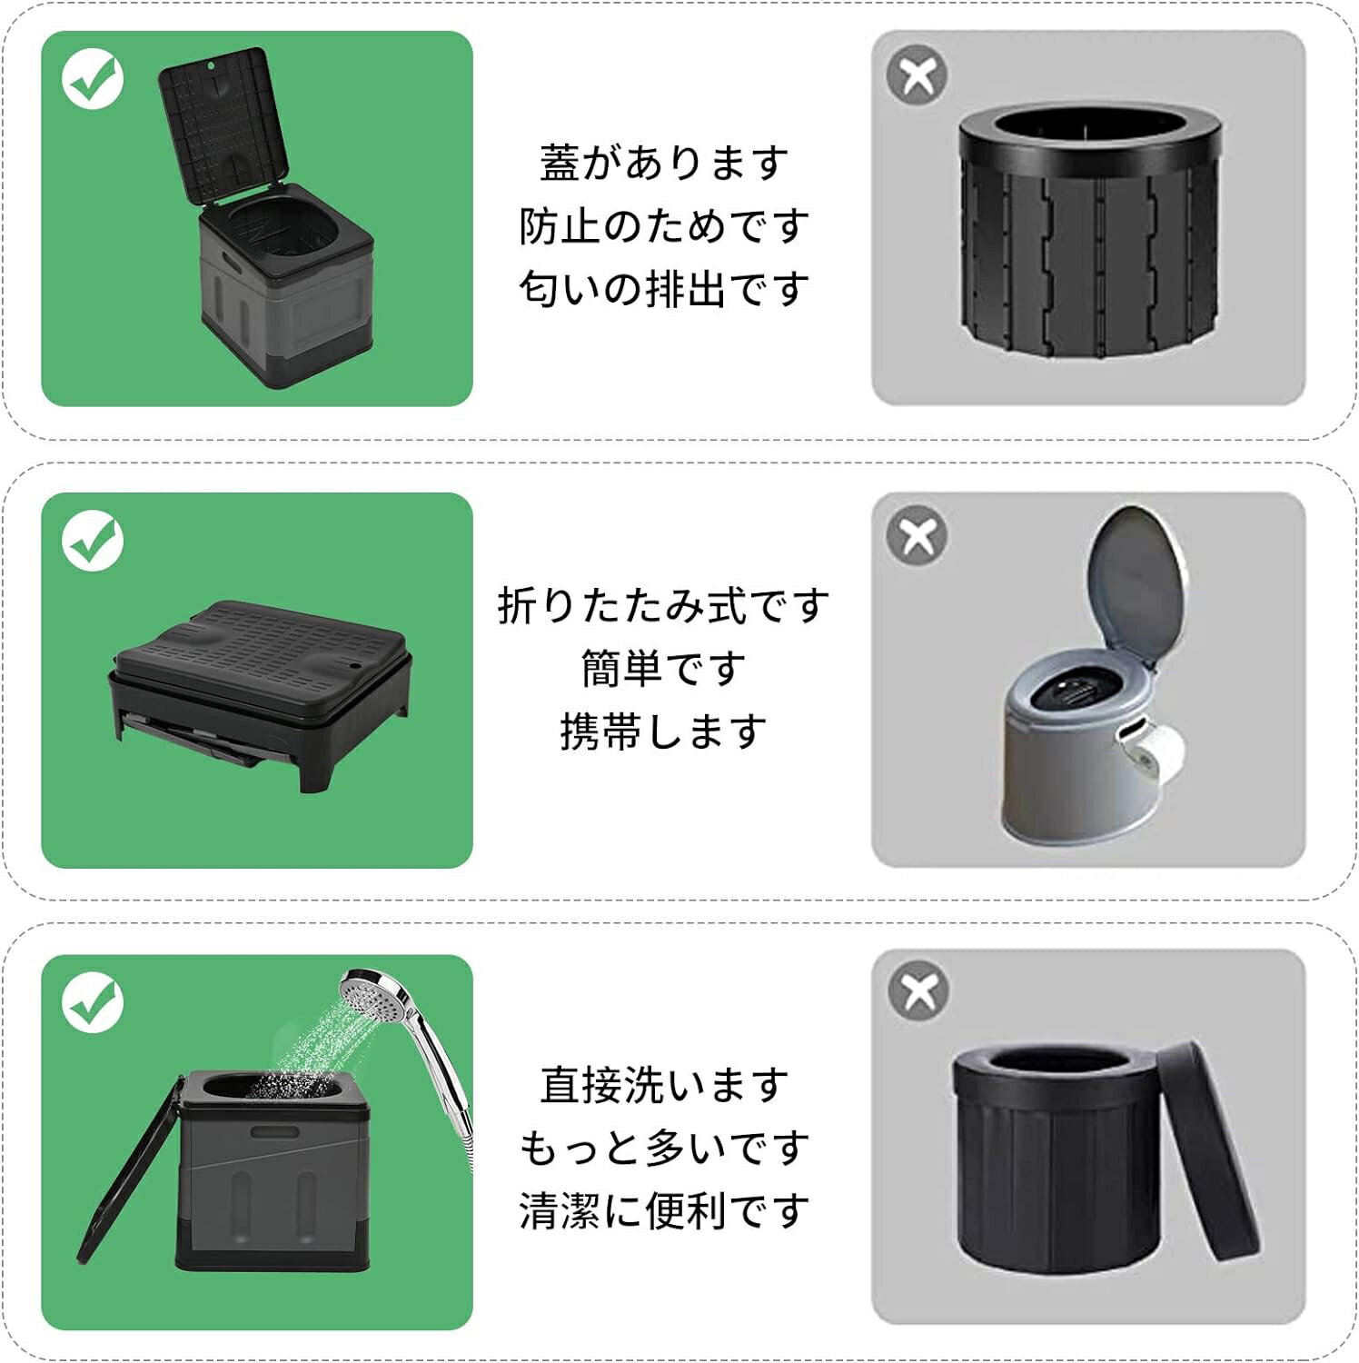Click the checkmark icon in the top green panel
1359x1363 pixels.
93,79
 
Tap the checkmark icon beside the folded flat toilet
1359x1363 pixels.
93,541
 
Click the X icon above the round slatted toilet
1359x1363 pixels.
918,75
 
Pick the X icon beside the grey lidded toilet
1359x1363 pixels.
918,536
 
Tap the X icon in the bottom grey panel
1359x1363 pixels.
919,991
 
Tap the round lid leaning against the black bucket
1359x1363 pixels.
1208,1150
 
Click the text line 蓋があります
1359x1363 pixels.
664,164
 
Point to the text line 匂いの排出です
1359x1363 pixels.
664,289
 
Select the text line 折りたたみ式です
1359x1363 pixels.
664,605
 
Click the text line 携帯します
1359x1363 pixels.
664,731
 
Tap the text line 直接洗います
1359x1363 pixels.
664,1085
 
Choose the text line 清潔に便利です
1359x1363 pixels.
664,1210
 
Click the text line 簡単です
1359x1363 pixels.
664,669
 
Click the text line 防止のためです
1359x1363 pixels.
664,226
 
